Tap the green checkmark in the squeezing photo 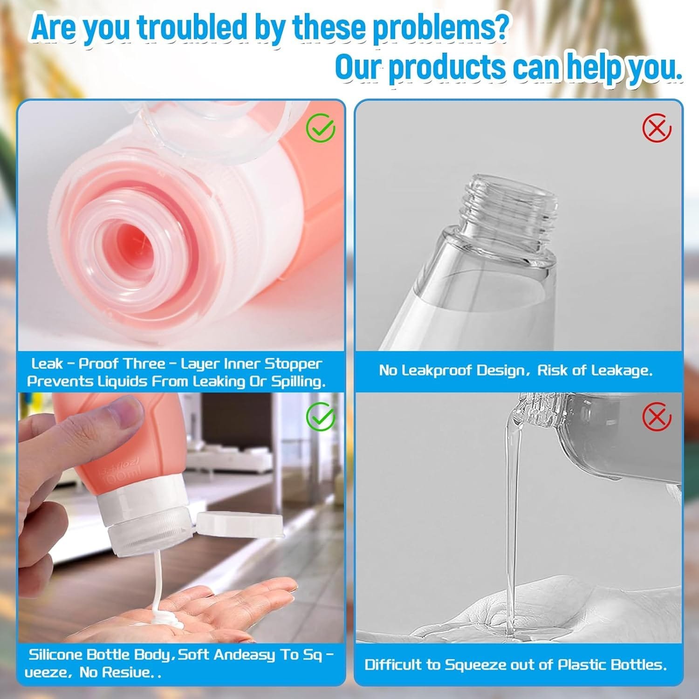pos(321,417)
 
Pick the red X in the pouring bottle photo pos(657,417)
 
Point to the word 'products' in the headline pos(447,68)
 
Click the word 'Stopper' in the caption pos(293,364)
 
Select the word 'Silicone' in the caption pos(56,655)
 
